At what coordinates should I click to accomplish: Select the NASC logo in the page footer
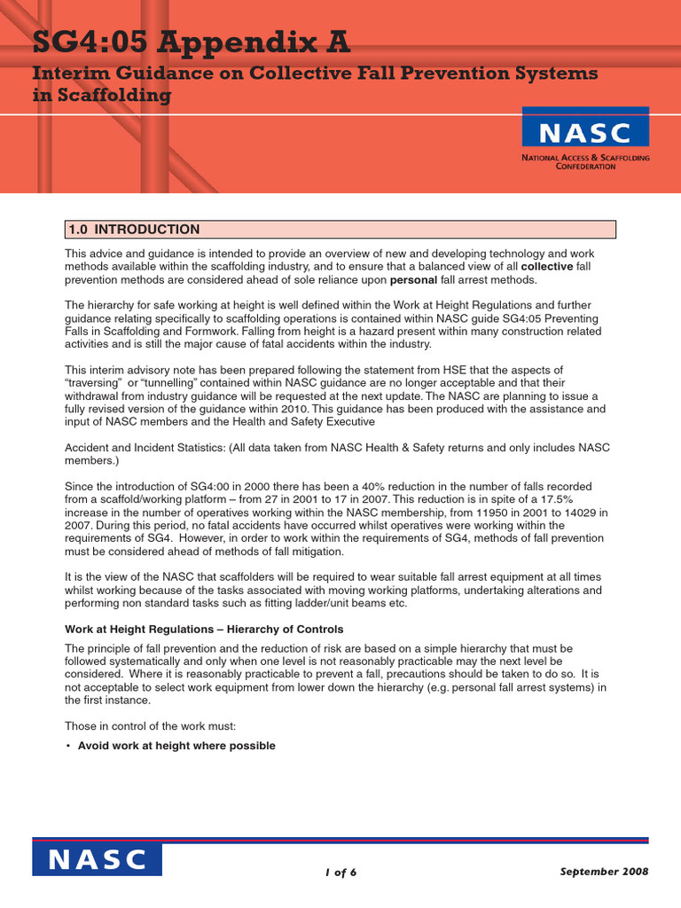98,858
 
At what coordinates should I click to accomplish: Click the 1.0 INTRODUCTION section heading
134,230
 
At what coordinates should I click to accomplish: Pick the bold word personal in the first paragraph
413,279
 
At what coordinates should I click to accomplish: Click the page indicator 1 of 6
340,872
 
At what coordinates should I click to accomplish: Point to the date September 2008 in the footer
605,872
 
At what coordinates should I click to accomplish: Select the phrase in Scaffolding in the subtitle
101,96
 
